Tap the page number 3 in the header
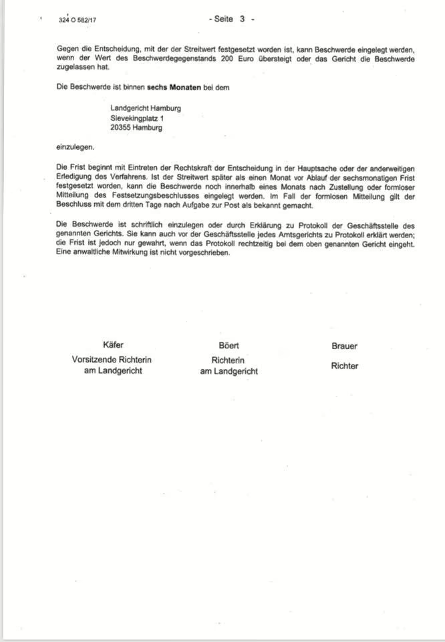(x=243, y=19)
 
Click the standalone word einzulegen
(x=75, y=146)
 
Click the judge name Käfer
(x=113, y=346)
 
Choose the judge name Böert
(x=229, y=346)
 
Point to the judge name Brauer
(x=344, y=346)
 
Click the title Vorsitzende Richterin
(x=112, y=360)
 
